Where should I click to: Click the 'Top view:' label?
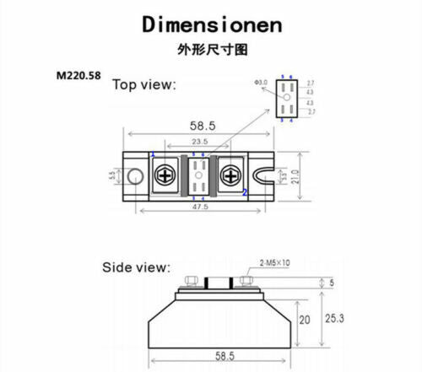tap(144, 84)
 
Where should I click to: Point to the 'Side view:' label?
tap(136, 267)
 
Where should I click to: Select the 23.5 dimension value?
tap(200, 142)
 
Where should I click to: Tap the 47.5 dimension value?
tap(200, 205)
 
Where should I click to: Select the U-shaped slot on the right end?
tap(266, 176)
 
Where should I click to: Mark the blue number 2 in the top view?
tap(245, 192)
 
